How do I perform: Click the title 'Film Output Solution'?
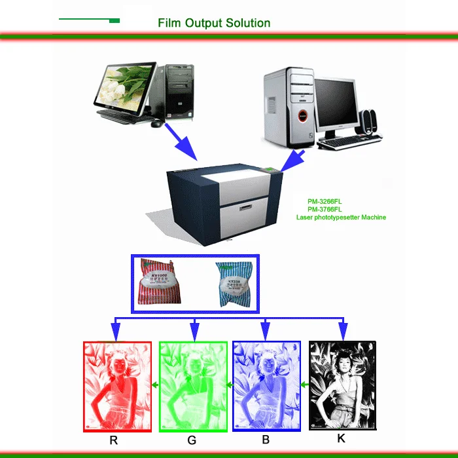[213, 23]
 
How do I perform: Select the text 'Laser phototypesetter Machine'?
[341, 217]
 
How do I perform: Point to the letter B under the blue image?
[265, 440]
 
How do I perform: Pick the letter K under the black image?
[341, 438]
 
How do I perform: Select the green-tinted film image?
[193, 387]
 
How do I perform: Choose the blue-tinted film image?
[266, 386]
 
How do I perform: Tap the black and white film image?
[342, 385]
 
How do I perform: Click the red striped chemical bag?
[164, 283]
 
